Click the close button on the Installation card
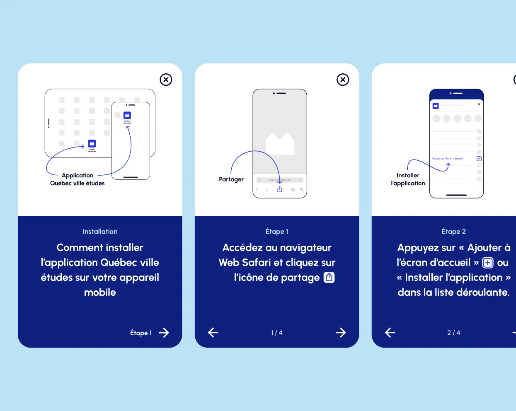pos(166,80)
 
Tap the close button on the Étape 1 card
pos(343,80)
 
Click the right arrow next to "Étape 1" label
pos(164,333)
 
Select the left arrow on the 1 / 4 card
pos(213,332)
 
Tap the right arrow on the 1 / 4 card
pos(340,332)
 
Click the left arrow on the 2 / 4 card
pos(390,332)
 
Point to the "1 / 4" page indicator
pos(276,333)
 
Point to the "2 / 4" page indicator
pos(453,333)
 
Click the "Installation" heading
pos(100,232)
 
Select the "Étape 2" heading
pos(453,232)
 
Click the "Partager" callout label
pos(231,179)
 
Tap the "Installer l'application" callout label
pos(408,179)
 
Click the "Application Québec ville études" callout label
pos(78,179)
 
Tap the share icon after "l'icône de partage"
pos(329,277)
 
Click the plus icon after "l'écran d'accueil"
pos(488,263)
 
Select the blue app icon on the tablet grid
pos(92,143)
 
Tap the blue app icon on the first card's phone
pos(127,115)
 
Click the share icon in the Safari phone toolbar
pos(280,189)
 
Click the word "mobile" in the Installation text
pos(100,293)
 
